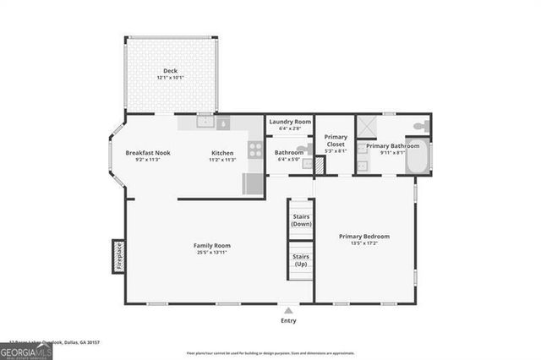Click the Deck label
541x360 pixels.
click(x=171, y=70)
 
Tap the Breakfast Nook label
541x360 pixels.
click(x=148, y=153)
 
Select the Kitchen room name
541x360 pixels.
click(x=222, y=153)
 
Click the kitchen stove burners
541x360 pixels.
click(x=253, y=150)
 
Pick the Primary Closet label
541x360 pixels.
click(x=336, y=140)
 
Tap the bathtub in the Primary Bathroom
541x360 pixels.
click(x=418, y=158)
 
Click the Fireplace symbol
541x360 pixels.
click(x=118, y=257)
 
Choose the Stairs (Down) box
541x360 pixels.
click(x=301, y=219)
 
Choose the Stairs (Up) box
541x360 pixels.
click(x=301, y=260)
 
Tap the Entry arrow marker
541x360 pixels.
click(x=289, y=310)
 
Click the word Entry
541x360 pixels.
click(x=289, y=320)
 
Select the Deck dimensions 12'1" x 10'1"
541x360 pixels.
click(x=171, y=78)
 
